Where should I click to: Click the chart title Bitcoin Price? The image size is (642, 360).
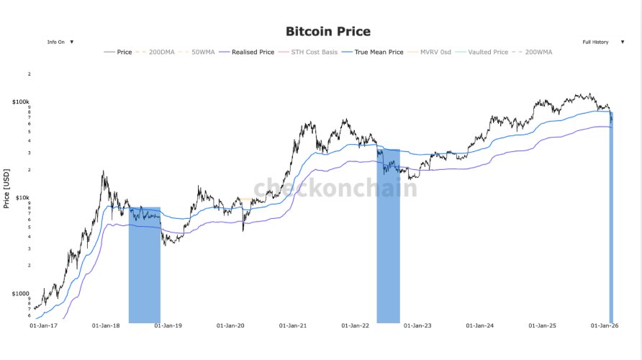[328, 31]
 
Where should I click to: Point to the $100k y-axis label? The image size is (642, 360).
[20, 102]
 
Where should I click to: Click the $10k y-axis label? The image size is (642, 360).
[22, 197]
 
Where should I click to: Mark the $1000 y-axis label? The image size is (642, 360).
[21, 294]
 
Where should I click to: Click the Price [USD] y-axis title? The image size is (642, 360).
[6, 188]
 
